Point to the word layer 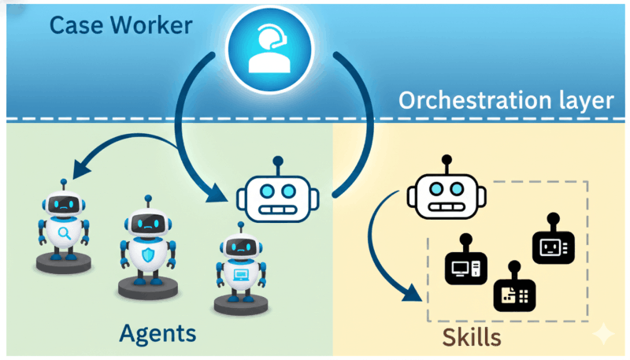(582, 101)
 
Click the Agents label (157, 333)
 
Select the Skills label (471, 338)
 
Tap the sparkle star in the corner (603, 334)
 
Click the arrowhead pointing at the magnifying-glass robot (79, 167)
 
